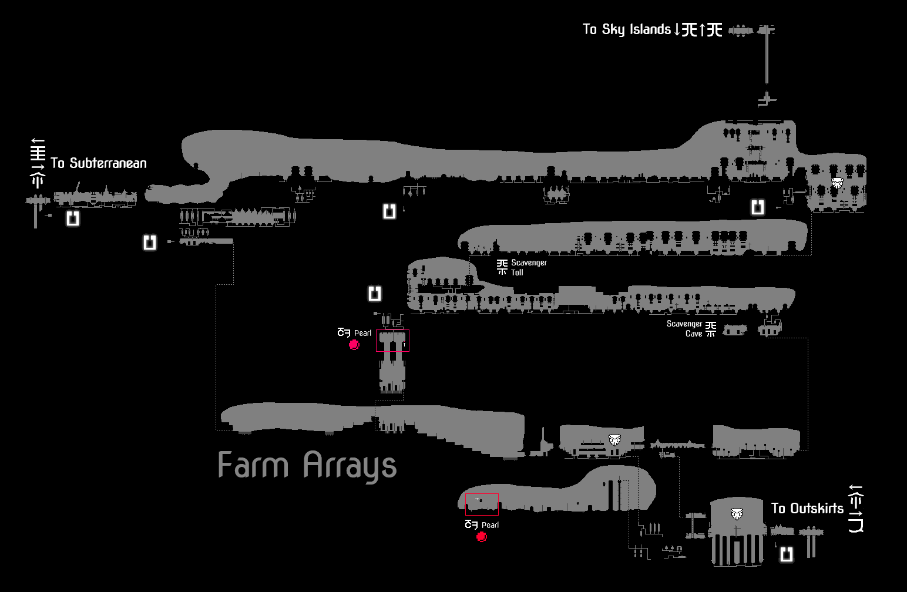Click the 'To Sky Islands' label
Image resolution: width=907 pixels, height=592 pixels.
pos(626,29)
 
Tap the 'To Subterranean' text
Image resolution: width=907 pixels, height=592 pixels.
pos(99,163)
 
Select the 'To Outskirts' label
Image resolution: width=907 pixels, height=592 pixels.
pos(807,509)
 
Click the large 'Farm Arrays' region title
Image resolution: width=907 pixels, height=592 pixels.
pos(307,466)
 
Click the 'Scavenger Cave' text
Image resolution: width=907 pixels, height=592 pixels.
pos(684,328)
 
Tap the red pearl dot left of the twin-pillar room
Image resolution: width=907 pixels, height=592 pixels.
pos(354,345)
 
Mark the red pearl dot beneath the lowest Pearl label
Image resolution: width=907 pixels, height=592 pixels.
pos(482,537)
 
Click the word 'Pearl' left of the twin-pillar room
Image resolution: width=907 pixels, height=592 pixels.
pos(362,333)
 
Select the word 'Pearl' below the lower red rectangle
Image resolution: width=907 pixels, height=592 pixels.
pos(490,525)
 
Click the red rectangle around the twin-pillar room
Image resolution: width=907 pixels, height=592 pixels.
pos(392,341)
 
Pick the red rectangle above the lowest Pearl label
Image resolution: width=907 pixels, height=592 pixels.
pos(482,504)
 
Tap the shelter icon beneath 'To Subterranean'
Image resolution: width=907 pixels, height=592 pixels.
pos(73,218)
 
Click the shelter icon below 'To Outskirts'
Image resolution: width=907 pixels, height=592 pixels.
pos(787,554)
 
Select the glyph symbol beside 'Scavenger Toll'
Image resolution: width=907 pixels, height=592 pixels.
pos(502,267)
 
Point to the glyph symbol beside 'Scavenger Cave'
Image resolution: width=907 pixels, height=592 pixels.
pos(711,329)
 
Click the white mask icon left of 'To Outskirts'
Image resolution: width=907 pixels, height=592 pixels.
pos(737,513)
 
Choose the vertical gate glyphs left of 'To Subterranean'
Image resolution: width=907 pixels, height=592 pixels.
pos(38,163)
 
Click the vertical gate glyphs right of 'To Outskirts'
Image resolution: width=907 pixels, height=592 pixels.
pos(856,509)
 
